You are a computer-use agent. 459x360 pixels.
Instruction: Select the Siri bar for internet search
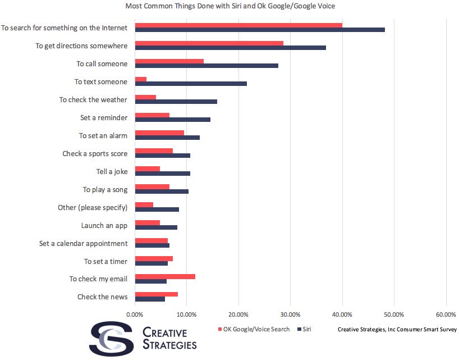click(x=260, y=30)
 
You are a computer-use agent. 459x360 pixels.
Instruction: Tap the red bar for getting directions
click(x=209, y=43)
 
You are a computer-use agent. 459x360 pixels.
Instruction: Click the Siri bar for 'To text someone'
click(x=191, y=84)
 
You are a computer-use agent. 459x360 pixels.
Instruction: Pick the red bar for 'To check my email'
click(x=165, y=276)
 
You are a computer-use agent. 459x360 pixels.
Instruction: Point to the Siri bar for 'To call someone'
click(x=206, y=66)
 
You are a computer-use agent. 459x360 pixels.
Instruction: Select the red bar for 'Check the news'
click(x=157, y=294)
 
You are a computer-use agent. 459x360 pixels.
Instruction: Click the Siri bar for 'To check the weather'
click(x=176, y=102)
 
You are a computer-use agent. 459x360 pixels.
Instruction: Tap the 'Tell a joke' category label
click(x=112, y=172)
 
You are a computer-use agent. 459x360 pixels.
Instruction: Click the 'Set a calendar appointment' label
click(x=84, y=244)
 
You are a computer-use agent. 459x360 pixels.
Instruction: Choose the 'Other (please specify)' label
click(x=93, y=208)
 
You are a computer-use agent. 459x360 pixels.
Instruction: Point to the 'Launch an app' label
click(x=104, y=226)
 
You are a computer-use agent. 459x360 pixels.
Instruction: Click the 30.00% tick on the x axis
click(x=290, y=313)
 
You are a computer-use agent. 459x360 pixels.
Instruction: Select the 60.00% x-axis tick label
click(x=446, y=313)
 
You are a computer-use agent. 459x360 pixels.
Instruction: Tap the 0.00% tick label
click(x=135, y=313)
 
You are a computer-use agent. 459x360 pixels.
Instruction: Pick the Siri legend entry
click(x=305, y=329)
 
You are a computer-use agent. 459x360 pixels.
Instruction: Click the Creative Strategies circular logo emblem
click(x=111, y=338)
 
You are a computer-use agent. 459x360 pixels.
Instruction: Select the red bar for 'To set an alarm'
click(x=159, y=133)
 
